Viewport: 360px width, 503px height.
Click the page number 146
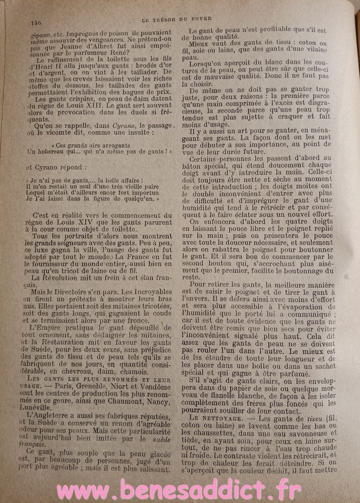click(35, 22)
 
